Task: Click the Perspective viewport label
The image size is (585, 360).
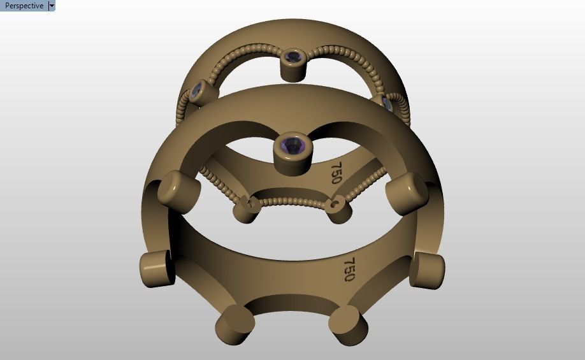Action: click(x=24, y=6)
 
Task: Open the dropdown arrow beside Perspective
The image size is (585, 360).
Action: click(x=52, y=6)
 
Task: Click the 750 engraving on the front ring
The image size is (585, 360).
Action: click(x=349, y=269)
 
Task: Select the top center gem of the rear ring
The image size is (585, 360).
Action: click(x=292, y=57)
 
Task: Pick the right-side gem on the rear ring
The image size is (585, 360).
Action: click(x=387, y=103)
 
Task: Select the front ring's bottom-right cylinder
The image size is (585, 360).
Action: click(x=348, y=325)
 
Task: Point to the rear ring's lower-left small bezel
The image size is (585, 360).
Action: click(x=247, y=208)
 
